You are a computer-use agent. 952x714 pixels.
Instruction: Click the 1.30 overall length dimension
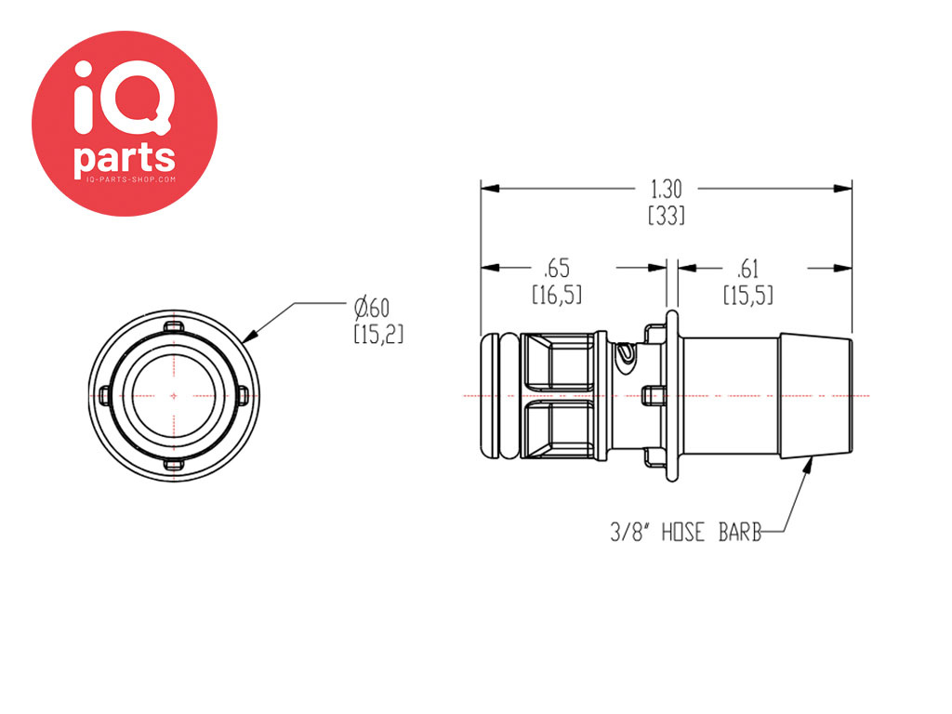click(666, 190)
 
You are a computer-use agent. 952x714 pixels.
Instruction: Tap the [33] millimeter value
click(667, 216)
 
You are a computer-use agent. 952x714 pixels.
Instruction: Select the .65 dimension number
click(557, 269)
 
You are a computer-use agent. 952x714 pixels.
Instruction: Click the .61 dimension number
click(747, 269)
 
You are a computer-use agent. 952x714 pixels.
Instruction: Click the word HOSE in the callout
click(683, 533)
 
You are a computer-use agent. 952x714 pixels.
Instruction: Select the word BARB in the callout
click(740, 533)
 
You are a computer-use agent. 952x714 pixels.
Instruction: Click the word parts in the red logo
click(125, 158)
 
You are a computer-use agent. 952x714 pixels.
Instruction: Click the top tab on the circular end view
click(174, 327)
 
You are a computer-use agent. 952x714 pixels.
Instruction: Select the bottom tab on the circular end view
click(174, 465)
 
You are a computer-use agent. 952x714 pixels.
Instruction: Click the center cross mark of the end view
click(174, 396)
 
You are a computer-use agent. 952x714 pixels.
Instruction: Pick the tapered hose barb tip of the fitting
click(815, 396)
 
